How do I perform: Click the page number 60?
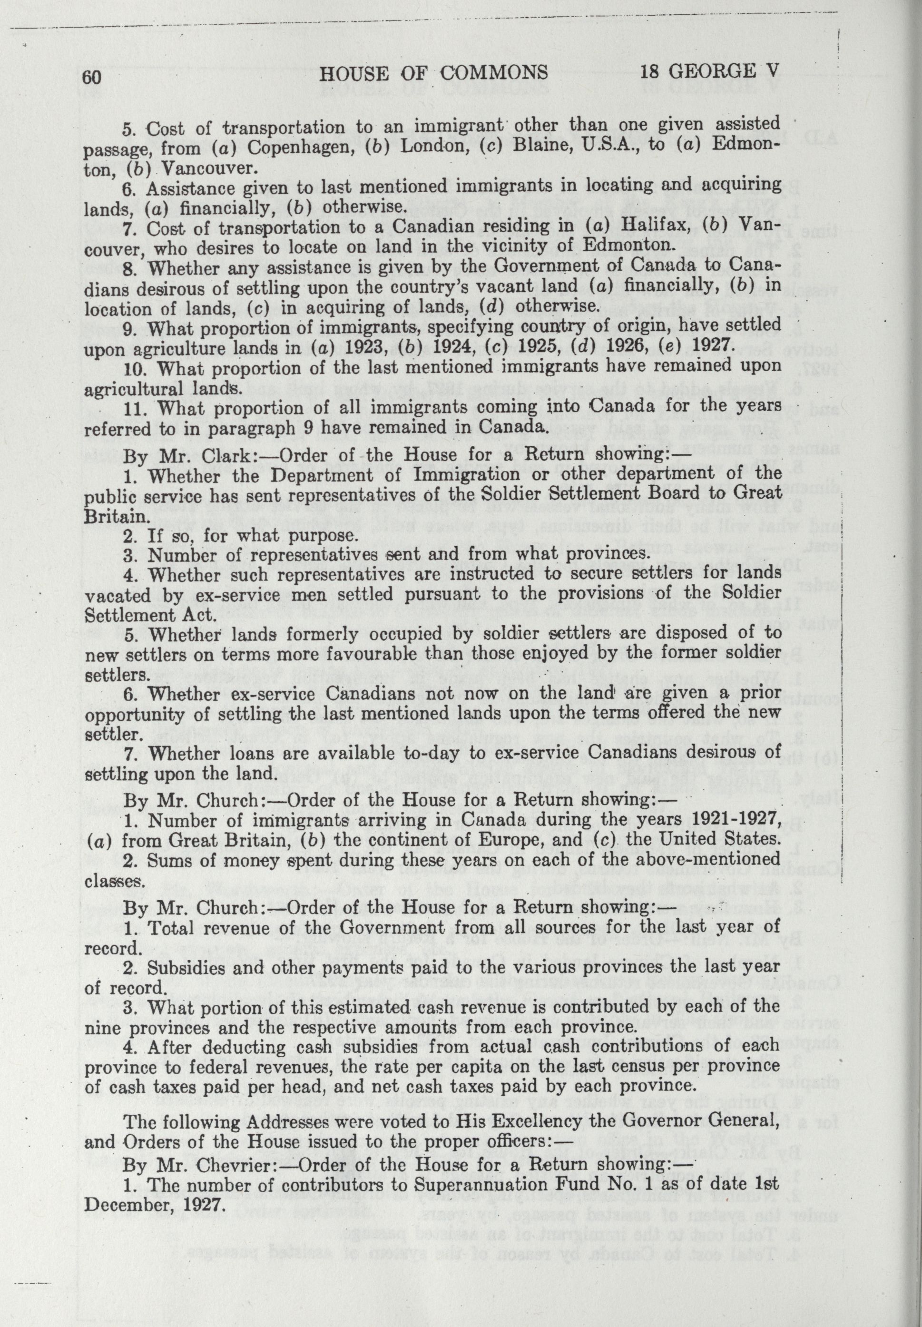(x=92, y=76)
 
